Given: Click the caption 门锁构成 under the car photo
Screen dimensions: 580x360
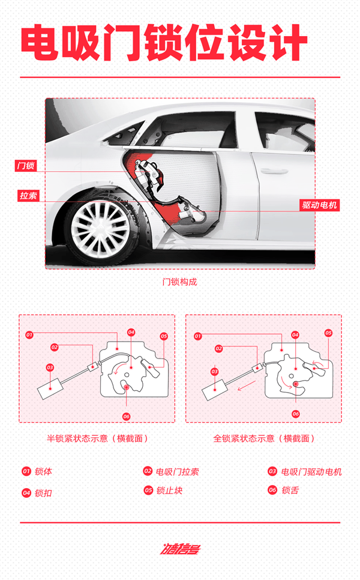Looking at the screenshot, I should pyautogui.click(x=179, y=282).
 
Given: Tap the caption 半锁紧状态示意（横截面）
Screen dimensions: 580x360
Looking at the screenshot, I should pyautogui.click(x=97, y=438).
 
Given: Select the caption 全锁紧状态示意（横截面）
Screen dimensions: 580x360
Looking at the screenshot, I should pyautogui.click(x=263, y=438).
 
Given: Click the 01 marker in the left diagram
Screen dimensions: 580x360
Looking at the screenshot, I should pyautogui.click(x=29, y=334).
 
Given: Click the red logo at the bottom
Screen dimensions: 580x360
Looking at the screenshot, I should pyautogui.click(x=179, y=548).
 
